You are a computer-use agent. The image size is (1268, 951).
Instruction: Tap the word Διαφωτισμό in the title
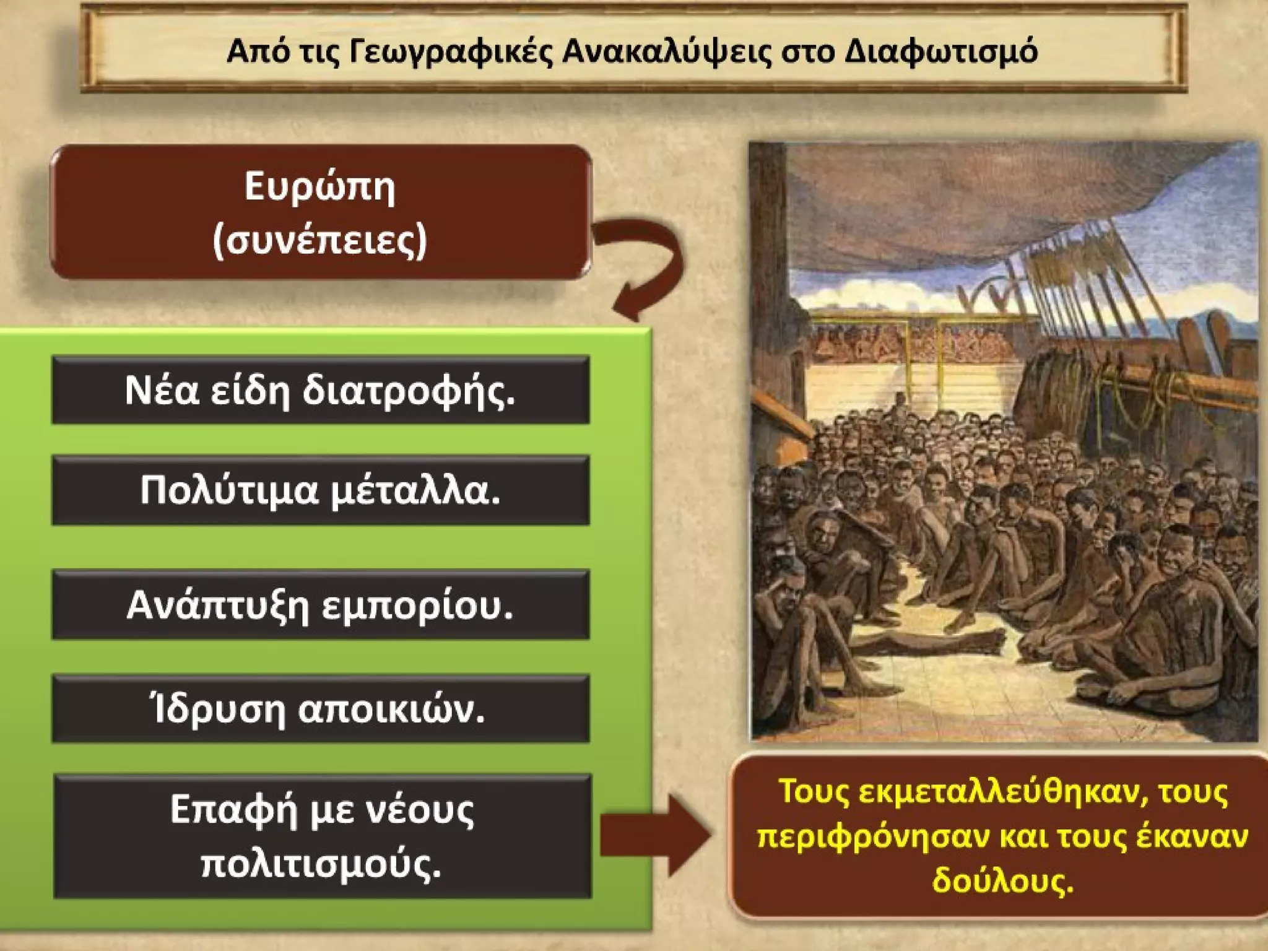coord(941,51)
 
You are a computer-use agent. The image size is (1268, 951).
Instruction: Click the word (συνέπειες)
coord(319,240)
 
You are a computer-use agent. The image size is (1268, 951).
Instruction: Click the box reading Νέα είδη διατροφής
coord(320,390)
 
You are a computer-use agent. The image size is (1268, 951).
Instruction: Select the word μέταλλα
coord(415,490)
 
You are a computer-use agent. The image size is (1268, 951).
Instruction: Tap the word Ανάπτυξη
coord(217,605)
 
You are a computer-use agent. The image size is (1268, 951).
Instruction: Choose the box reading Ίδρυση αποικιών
coord(320,709)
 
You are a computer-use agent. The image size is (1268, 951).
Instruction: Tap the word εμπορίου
coord(417,605)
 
